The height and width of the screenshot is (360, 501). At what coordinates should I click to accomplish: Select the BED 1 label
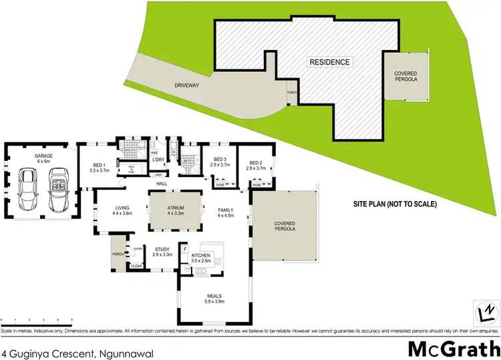point(98,167)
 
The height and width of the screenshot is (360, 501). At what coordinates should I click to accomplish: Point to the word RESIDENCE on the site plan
point(329,62)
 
